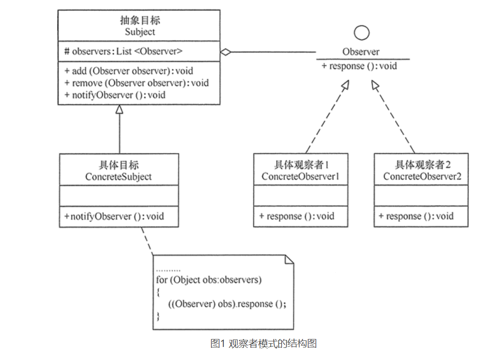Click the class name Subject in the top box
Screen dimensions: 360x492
click(140, 32)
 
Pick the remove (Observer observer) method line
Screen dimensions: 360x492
click(137, 83)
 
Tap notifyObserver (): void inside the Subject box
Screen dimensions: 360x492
click(115, 95)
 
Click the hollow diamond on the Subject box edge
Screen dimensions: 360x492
click(226, 52)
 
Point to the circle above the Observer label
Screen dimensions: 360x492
click(361, 33)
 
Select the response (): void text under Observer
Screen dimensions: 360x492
click(359, 66)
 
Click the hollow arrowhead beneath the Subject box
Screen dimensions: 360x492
click(119, 110)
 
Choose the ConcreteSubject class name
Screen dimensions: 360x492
click(118, 177)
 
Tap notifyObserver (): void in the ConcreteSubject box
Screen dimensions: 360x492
click(114, 216)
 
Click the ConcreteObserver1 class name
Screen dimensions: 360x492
click(300, 176)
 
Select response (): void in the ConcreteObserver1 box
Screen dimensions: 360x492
click(297, 216)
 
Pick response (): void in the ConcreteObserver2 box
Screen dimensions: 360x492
click(416, 216)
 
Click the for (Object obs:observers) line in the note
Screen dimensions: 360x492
click(208, 280)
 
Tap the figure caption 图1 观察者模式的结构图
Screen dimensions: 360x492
click(264, 344)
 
